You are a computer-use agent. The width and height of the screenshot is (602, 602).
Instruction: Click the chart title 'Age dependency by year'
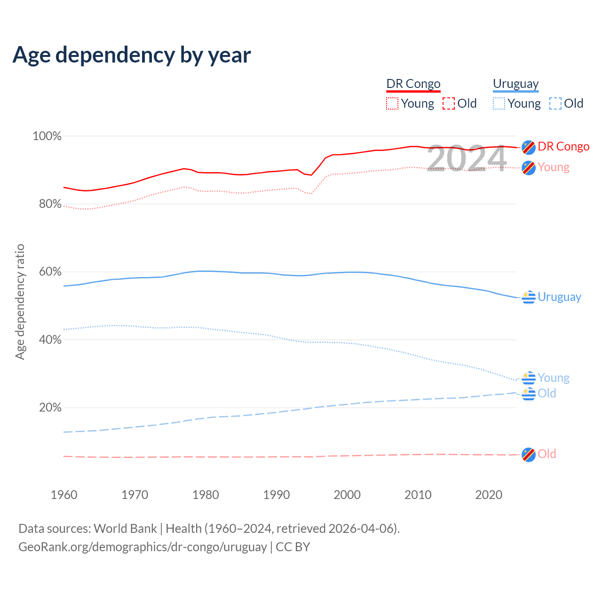132,55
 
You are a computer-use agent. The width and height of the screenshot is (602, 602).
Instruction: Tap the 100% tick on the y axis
47,136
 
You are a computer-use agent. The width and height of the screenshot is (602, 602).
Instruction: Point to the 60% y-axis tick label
50,272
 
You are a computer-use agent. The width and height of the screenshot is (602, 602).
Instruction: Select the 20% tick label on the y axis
50,408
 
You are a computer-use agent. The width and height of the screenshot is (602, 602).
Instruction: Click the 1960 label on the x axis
64,495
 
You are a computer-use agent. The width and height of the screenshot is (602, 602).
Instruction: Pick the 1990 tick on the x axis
277,495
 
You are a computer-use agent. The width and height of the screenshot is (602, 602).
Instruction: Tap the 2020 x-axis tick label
489,495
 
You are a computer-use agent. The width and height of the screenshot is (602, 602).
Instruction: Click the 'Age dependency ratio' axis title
20,301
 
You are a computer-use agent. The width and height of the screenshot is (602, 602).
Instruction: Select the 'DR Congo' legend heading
413,84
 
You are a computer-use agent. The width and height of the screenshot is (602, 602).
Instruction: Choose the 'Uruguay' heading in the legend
515,84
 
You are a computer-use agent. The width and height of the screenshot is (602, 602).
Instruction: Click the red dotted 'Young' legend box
392,103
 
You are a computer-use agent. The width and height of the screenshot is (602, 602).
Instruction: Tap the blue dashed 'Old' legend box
555,103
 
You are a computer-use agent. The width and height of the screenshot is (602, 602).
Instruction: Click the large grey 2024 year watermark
467,158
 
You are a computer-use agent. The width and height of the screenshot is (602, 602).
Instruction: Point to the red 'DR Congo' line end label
563,147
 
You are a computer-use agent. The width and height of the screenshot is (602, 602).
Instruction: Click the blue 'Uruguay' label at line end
559,297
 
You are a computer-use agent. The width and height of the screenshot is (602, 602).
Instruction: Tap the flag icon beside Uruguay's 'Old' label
529,394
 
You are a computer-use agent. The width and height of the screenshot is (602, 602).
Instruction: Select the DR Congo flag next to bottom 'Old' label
529,455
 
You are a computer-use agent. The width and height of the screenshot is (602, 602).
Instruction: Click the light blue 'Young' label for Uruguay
553,378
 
